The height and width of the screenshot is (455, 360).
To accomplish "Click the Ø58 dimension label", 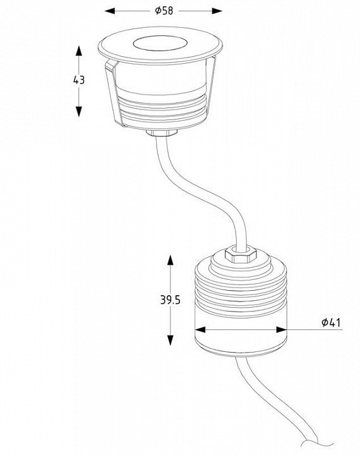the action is tap(164, 11).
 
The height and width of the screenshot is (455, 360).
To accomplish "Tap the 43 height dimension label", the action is tap(79, 80).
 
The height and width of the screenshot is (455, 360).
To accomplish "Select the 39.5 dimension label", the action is tap(171, 300).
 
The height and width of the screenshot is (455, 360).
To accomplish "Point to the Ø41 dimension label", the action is tap(331, 322).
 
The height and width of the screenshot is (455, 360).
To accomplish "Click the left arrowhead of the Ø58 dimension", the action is tap(110, 11).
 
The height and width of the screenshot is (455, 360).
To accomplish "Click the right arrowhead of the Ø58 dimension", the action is tap(217, 11).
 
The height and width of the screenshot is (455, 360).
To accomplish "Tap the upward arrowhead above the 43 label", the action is tap(79, 51).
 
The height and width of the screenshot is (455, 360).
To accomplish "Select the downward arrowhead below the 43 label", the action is tap(79, 111).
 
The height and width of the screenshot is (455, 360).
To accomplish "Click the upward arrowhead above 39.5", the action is tap(171, 260).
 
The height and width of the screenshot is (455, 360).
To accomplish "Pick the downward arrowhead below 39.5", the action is tap(171, 340).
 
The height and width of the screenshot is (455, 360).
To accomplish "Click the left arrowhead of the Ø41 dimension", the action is tap(200, 330).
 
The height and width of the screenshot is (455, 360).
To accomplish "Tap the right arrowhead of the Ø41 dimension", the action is tap(282, 330).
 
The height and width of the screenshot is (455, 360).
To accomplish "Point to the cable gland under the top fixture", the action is tap(162, 133).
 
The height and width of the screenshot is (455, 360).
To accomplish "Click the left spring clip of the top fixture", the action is tap(114, 93).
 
